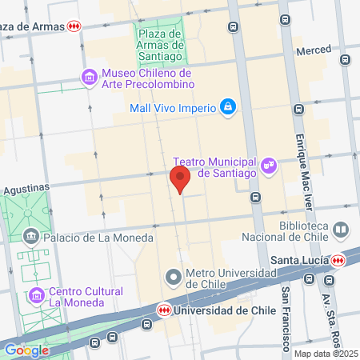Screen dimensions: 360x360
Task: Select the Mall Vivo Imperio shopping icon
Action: [228, 106]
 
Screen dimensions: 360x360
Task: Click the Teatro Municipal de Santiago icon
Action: [268, 164]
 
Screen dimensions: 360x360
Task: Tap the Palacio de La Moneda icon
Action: [32, 237]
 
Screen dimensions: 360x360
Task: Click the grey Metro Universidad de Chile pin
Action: [174, 278]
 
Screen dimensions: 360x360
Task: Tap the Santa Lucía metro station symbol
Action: [338, 260]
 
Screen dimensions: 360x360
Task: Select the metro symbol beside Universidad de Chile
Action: [163, 310]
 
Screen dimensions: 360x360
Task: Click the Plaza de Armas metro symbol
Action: [74, 26]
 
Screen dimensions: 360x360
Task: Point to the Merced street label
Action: [314, 50]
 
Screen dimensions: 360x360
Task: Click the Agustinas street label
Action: [26, 188]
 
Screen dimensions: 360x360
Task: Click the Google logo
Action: [26, 350]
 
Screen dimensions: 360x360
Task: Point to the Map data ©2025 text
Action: [326, 354]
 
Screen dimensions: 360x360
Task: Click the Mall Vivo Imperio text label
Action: [173, 107]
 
